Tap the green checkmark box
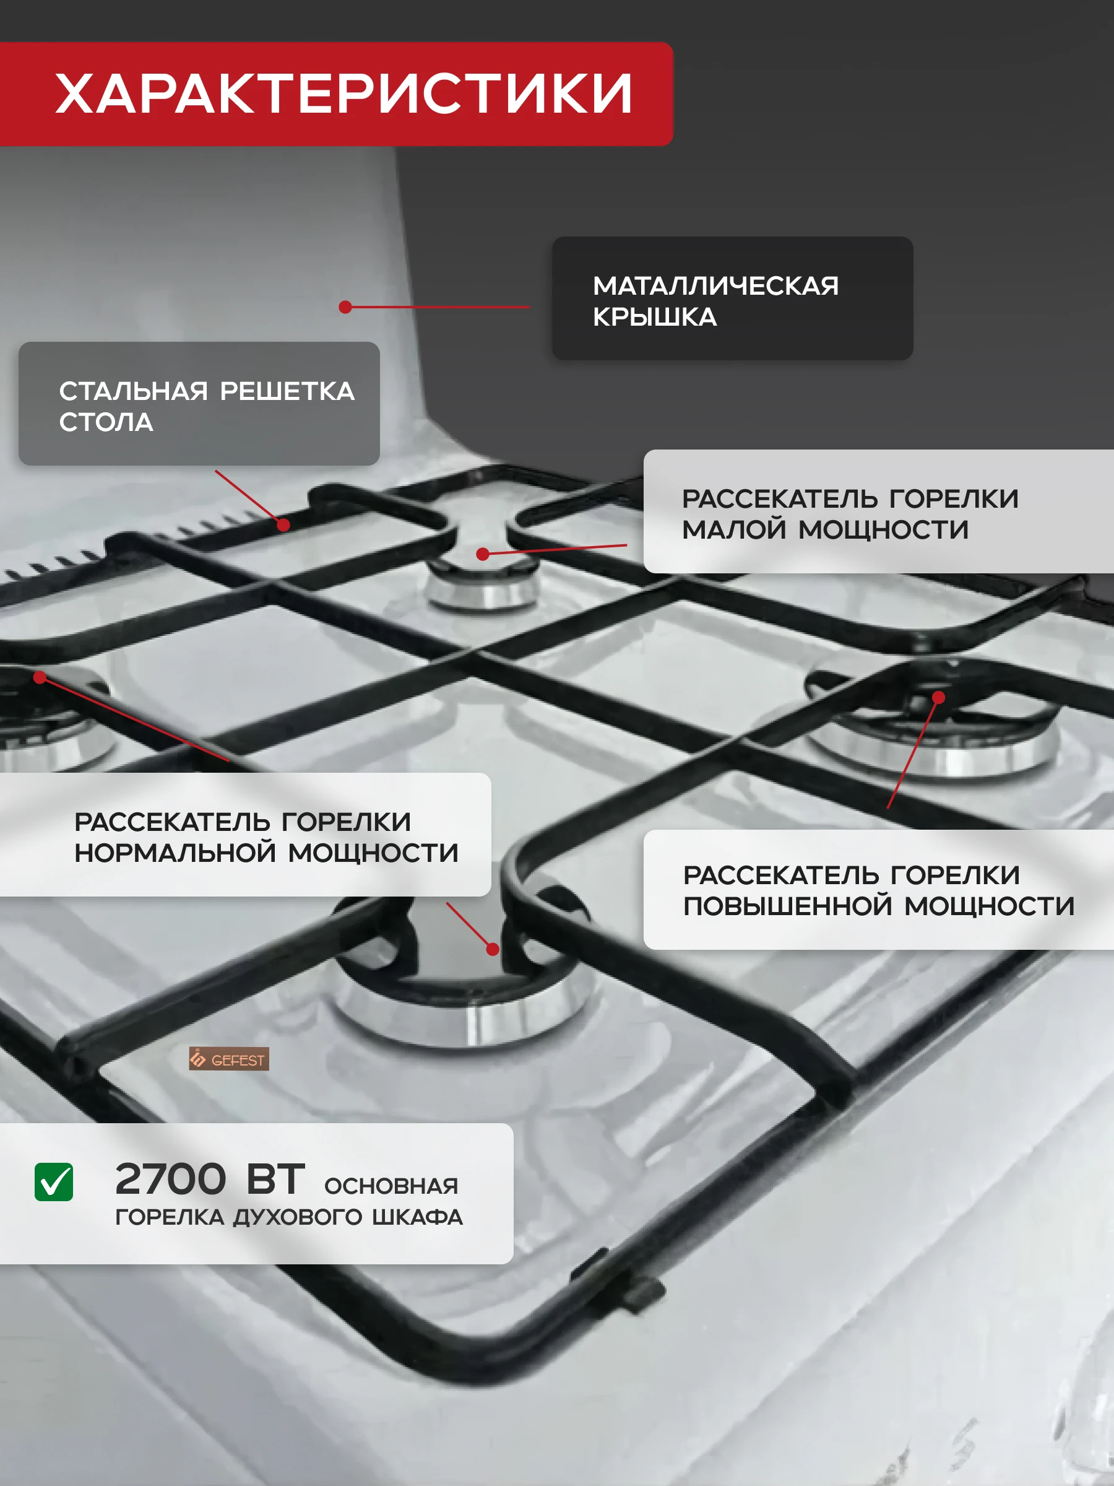coord(54,1183)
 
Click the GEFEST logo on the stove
coord(229,1059)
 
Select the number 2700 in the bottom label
coord(171,1180)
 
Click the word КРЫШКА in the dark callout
coord(655,317)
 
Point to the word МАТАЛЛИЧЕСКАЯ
coord(716,286)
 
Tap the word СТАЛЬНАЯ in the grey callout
coord(134,391)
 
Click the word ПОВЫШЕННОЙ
coord(787,906)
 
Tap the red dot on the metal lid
coord(345,307)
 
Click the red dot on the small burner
coord(482,554)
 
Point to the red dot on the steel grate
coord(283,524)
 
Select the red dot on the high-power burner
coord(939,698)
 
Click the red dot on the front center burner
coord(493,949)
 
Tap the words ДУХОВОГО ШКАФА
coord(348,1217)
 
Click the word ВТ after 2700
coord(275,1180)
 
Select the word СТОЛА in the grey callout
coord(106,422)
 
